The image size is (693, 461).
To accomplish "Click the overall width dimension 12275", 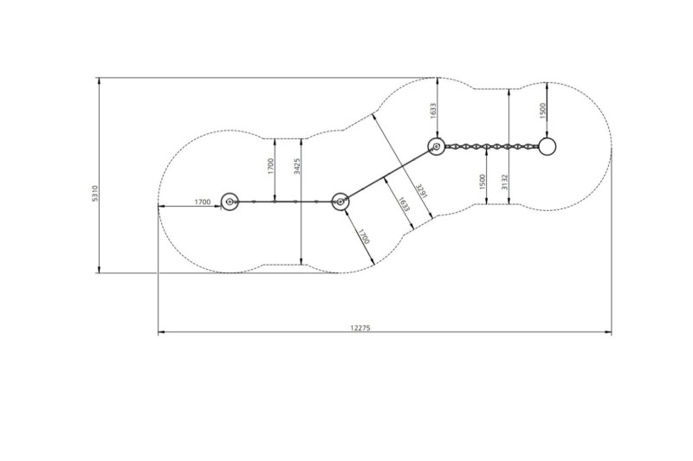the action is tap(359, 328).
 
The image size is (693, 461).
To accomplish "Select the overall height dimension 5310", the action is tap(95, 194).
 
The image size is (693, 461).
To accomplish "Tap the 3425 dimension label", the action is tap(297, 166).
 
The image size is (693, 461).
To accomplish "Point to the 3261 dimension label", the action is tap(421, 191).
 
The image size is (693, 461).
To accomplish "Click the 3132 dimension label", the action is tap(505, 182).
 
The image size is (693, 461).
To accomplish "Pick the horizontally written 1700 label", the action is tap(203, 202).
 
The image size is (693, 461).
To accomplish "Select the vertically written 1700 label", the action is tap(270, 166).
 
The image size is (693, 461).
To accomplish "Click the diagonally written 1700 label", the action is tap(363, 236).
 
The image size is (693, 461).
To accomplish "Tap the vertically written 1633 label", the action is tap(433, 111).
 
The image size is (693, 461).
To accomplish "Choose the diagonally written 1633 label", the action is tap(404, 204).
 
